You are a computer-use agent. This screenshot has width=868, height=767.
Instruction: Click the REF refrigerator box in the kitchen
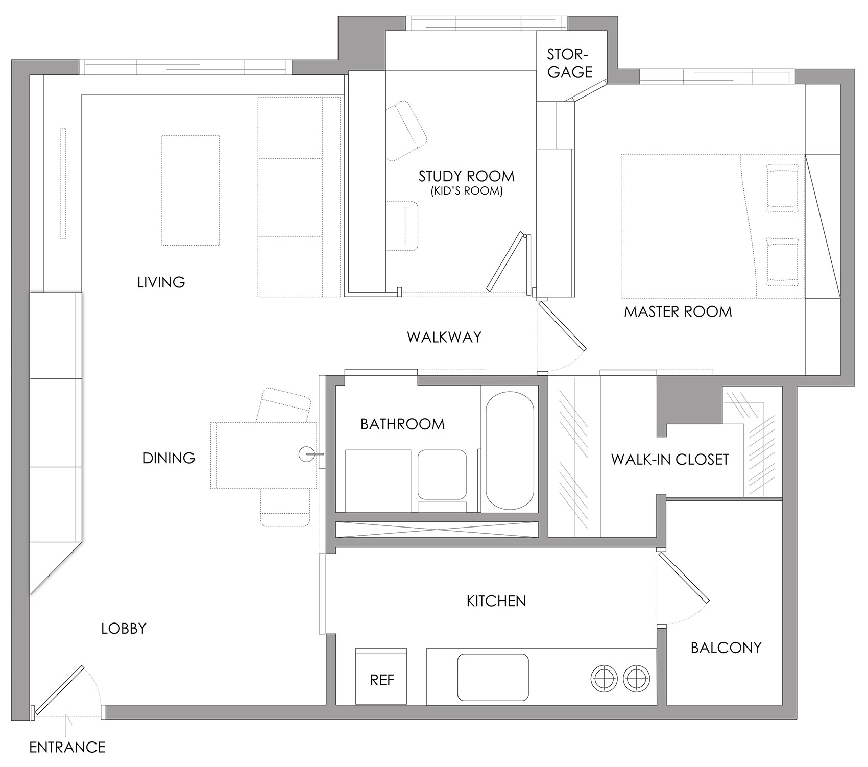tap(381, 677)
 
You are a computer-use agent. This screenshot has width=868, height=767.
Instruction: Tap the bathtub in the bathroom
tap(510, 450)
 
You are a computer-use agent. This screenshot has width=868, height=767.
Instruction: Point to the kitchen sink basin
tap(493, 678)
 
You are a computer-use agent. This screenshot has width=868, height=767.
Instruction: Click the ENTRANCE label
tap(67, 748)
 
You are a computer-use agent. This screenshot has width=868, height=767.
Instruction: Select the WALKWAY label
tap(444, 337)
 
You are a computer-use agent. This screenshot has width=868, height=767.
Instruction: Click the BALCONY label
tap(726, 648)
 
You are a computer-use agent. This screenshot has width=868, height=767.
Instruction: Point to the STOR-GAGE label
tap(570, 63)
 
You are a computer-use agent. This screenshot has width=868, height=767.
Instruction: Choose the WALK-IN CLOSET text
tap(670, 460)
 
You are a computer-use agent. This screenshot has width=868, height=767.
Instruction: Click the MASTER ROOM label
tap(678, 311)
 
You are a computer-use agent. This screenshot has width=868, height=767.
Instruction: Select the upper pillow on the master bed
tap(782, 188)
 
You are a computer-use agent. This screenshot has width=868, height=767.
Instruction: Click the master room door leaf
tap(562, 325)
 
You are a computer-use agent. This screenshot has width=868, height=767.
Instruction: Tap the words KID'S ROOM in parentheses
tap(466, 192)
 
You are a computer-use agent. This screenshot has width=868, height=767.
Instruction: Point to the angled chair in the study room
tap(406, 132)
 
